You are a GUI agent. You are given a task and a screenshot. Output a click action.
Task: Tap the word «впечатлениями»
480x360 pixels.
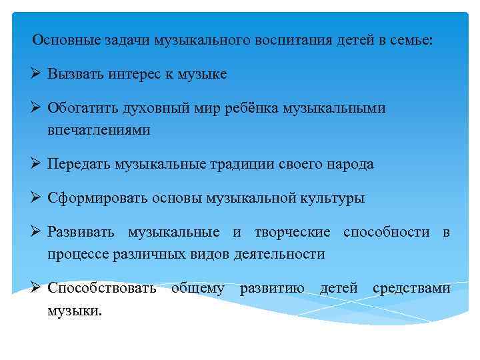click(99, 130)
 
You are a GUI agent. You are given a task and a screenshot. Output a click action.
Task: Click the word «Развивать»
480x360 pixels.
click(81, 232)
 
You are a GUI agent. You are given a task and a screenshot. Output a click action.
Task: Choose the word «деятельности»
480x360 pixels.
click(279, 254)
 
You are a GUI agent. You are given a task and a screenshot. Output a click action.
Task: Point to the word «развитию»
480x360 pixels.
click(271, 289)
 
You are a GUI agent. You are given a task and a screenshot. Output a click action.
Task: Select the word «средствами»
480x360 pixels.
click(411, 289)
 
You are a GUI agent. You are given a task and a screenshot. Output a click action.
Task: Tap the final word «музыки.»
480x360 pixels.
click(75, 311)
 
